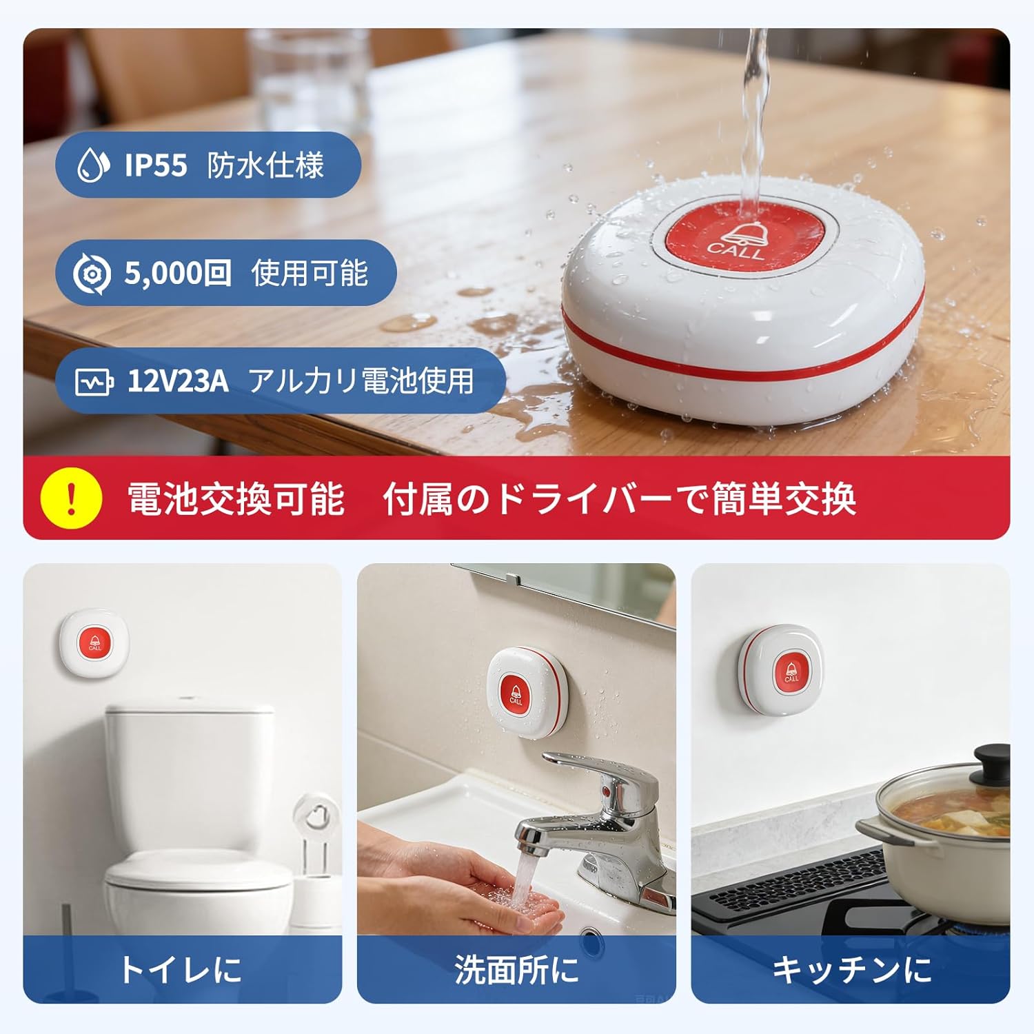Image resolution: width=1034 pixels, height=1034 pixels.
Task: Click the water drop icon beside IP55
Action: coord(92,165)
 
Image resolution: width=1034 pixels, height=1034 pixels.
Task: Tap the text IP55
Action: coord(156,165)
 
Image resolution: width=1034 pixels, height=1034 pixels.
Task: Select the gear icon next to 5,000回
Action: coord(92,274)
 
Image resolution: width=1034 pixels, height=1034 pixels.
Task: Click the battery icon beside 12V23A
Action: coord(94,381)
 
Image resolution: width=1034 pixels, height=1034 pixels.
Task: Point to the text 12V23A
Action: coord(178,381)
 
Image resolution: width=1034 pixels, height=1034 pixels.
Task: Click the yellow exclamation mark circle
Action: coord(71,498)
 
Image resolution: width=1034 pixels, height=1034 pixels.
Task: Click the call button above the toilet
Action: coord(94,642)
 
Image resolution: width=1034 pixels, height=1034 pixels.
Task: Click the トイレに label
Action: coord(181,969)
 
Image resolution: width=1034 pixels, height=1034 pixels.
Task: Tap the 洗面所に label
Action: coord(516,969)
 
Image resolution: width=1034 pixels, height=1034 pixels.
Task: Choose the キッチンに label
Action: coord(851,969)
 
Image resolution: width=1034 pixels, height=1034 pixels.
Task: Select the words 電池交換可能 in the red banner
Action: coord(236,498)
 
